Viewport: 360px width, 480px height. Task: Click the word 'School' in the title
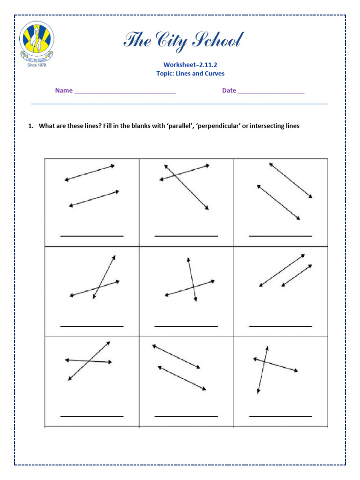tap(217, 41)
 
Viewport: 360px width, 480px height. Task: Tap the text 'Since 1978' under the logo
tap(37, 65)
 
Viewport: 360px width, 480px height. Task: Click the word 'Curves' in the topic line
tap(214, 74)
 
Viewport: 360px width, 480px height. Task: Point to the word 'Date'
tap(229, 90)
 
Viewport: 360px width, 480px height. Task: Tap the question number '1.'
tap(31, 126)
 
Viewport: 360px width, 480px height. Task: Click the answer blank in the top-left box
tap(92, 235)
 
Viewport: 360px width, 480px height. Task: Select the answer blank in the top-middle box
tap(186, 235)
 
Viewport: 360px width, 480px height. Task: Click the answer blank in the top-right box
tap(280, 235)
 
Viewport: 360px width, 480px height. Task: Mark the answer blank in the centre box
tap(186, 325)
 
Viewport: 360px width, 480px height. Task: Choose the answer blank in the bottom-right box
tap(280, 416)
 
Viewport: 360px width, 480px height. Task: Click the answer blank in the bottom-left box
tap(92, 416)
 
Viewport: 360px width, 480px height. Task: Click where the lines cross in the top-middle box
tap(174, 176)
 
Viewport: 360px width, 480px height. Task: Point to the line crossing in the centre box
tap(193, 288)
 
